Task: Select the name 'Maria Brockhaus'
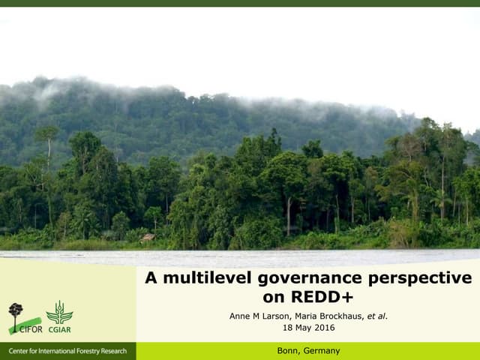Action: tap(330, 316)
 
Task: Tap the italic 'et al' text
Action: tap(376, 316)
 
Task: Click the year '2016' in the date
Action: tap(325, 328)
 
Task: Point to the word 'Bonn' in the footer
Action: tap(288, 351)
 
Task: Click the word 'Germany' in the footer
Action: tap(321, 351)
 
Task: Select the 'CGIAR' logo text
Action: tap(59, 328)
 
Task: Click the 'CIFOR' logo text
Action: tap(31, 328)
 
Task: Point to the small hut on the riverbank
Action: tap(148, 238)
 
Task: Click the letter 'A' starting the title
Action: tap(151, 278)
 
